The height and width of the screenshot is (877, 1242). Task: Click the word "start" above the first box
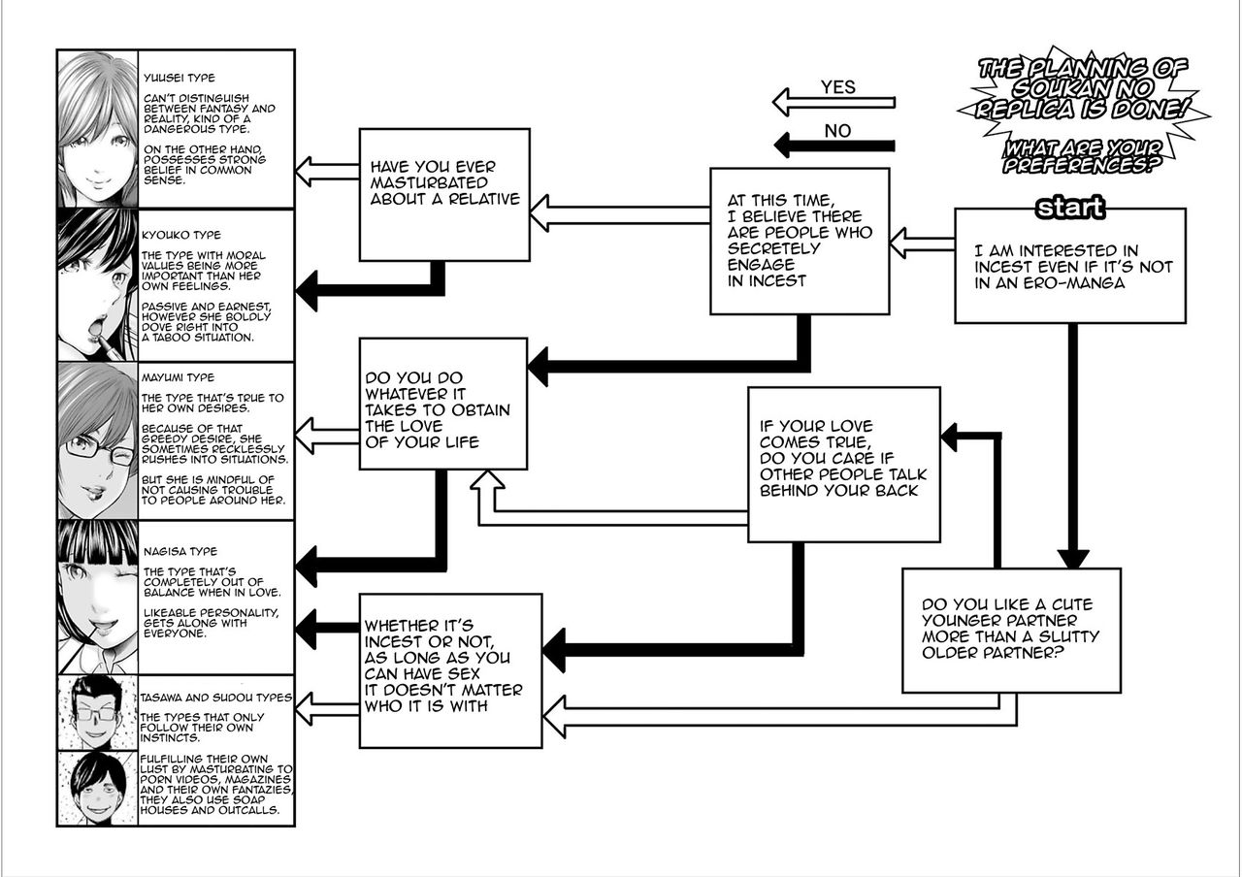1070,208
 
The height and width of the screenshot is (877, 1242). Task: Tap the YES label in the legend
837,86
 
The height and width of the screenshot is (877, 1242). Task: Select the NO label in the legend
837,129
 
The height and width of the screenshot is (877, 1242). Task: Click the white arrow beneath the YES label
833,102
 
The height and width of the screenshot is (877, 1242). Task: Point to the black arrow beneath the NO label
833,146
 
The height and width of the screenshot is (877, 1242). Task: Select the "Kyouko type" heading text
181,235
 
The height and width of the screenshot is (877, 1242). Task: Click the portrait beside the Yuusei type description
96,128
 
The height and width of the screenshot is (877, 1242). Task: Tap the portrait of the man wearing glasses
95,713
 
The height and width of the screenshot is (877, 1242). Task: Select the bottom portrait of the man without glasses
95,788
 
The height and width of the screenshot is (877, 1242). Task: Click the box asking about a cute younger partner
1010,630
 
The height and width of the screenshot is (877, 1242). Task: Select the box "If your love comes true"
843,464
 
